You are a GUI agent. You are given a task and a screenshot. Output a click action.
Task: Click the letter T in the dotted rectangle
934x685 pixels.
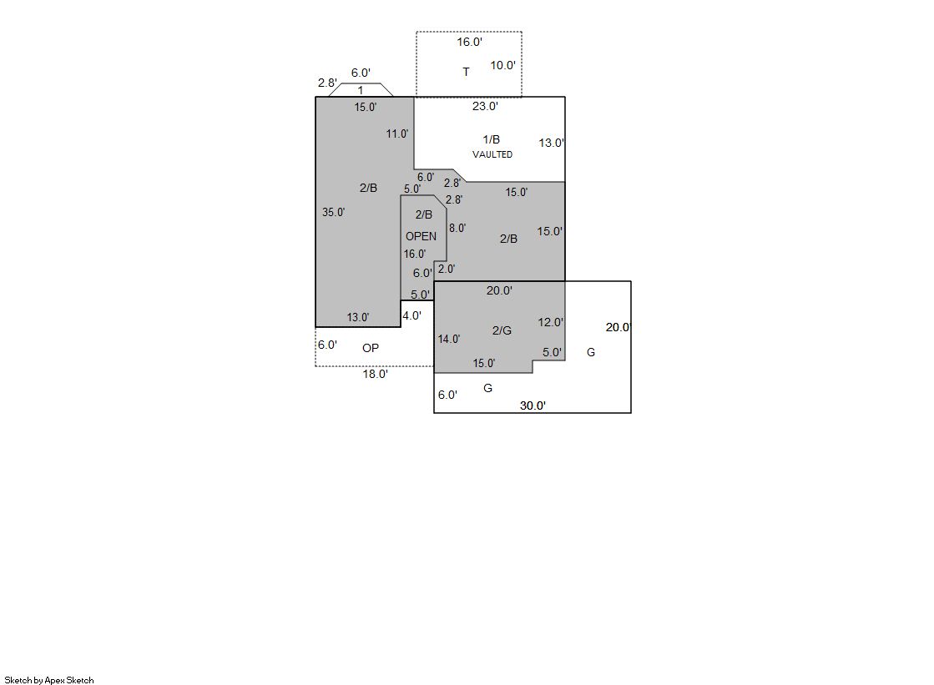tap(466, 72)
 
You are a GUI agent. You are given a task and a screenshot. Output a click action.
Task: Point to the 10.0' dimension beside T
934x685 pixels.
tap(502, 66)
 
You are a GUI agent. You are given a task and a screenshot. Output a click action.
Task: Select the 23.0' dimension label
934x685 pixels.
tap(485, 106)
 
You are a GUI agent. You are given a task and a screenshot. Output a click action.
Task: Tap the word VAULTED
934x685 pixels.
tap(492, 154)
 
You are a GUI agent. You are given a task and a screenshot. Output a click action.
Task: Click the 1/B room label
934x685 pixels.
tap(492, 139)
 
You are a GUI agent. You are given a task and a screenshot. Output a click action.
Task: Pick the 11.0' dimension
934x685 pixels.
tap(397, 133)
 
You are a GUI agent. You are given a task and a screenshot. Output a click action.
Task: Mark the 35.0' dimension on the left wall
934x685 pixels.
tap(334, 212)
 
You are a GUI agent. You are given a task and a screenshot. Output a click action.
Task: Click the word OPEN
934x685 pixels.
tap(422, 236)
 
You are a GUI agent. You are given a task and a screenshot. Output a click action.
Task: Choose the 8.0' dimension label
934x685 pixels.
tap(457, 228)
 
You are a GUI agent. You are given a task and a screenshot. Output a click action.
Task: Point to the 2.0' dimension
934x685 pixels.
tap(447, 269)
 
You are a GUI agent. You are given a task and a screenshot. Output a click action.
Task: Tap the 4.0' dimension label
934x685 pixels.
tap(412, 315)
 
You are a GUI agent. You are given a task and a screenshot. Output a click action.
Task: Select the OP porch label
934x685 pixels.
tap(371, 348)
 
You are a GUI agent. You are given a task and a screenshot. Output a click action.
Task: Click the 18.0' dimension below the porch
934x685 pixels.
tap(376, 374)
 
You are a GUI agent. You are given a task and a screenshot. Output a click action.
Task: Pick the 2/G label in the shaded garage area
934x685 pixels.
tap(502, 330)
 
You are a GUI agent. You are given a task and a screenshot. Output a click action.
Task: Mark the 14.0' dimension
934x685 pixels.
tap(449, 339)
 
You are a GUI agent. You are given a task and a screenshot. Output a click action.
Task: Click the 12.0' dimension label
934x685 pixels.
tap(550, 322)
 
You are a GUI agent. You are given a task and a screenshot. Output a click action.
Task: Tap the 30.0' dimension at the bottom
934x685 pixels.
tap(533, 405)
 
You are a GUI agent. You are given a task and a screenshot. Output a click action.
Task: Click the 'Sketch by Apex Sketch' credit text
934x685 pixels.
tap(49, 680)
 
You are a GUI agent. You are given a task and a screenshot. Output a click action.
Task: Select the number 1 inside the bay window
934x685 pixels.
tap(361, 91)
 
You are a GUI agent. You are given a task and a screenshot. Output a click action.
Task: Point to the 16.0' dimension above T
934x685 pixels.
tap(469, 42)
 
